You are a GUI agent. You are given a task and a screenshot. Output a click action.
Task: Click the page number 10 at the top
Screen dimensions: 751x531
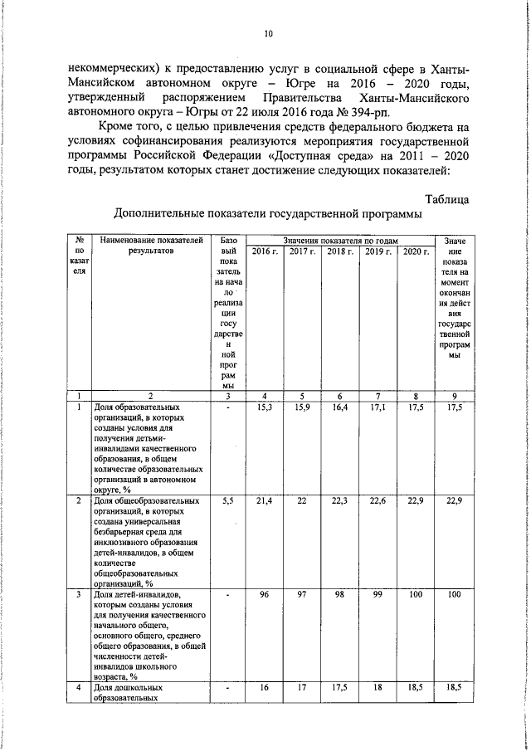pos(267,34)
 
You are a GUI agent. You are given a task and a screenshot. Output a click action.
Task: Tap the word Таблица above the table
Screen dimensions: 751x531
pos(447,199)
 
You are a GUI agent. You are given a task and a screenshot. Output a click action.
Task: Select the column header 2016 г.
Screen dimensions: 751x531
pos(265,251)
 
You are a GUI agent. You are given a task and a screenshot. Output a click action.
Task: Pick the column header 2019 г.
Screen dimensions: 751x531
pos(378,251)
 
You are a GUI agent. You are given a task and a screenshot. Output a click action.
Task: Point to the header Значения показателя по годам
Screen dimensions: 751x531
pos(340,240)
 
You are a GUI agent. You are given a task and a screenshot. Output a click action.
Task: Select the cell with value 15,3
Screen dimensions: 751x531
pos(265,407)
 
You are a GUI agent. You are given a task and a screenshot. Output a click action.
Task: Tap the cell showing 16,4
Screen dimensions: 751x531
pos(340,407)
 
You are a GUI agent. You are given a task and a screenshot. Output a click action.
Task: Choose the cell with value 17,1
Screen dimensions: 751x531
pos(378,407)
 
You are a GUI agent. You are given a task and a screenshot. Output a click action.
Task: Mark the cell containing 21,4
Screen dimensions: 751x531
pos(265,501)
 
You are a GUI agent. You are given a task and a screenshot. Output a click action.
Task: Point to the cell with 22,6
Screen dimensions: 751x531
pos(378,501)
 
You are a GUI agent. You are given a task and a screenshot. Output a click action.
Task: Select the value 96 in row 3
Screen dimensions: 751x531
pos(265,595)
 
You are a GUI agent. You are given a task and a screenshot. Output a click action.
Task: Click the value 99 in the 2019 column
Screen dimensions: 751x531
pos(378,595)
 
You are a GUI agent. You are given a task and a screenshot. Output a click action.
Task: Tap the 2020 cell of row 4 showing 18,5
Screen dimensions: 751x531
pos(416,689)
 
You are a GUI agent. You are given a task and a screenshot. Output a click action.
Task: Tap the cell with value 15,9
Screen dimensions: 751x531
pos(303,407)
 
